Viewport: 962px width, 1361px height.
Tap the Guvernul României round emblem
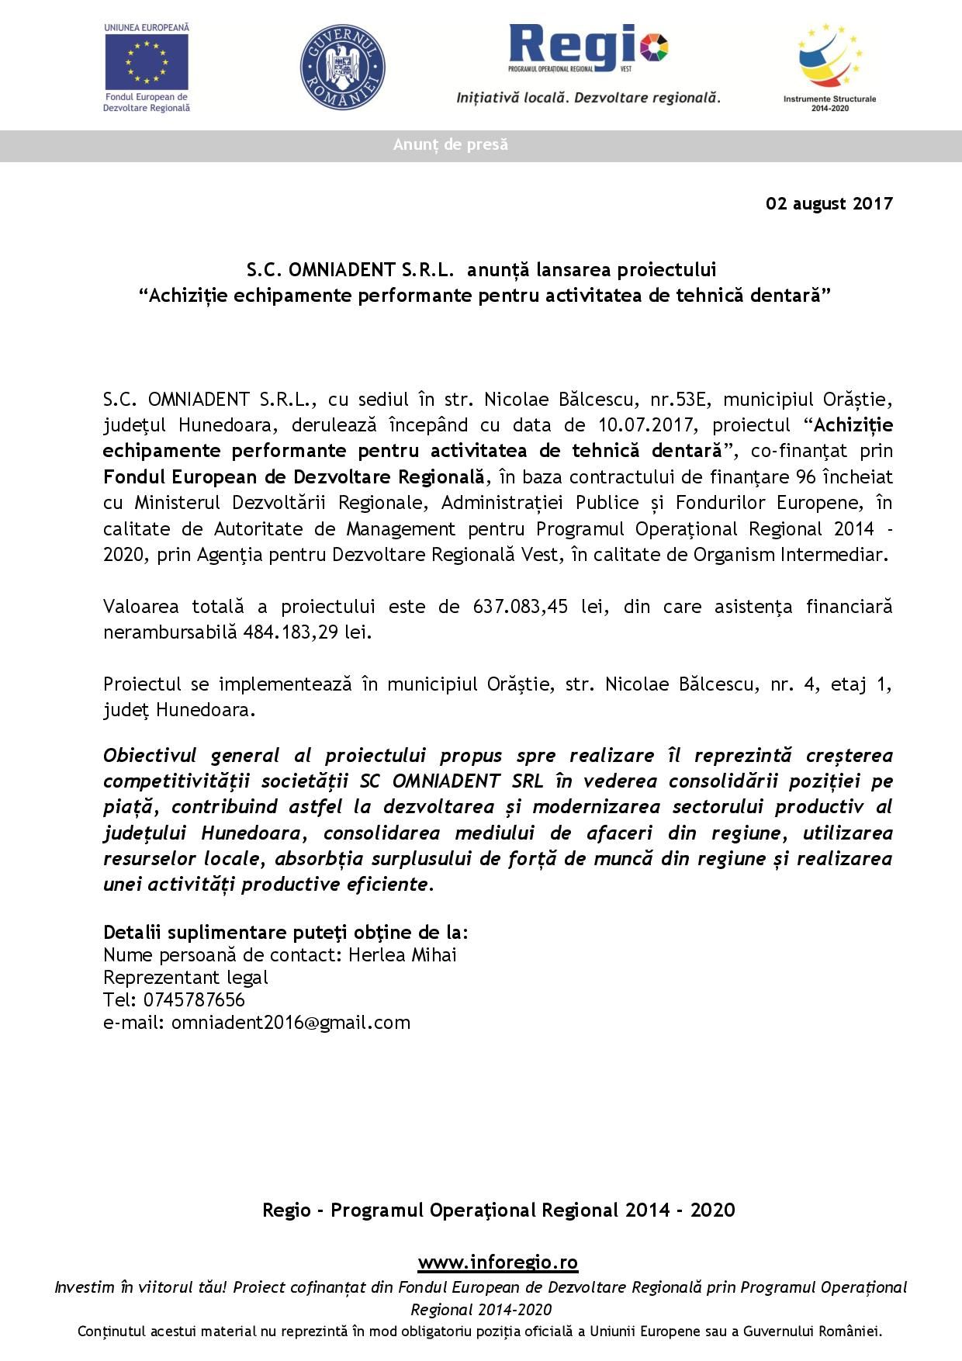(342, 67)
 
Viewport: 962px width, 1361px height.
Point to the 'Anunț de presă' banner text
(451, 144)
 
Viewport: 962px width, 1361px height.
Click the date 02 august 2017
(829, 203)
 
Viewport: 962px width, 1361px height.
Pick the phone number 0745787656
(194, 999)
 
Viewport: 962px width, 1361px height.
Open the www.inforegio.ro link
(497, 1262)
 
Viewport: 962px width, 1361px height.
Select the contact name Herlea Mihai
(402, 954)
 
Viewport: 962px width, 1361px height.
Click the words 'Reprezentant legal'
(185, 977)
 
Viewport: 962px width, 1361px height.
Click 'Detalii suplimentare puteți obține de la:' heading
(285, 932)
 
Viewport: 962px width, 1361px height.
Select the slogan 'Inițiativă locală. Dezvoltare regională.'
(588, 98)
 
